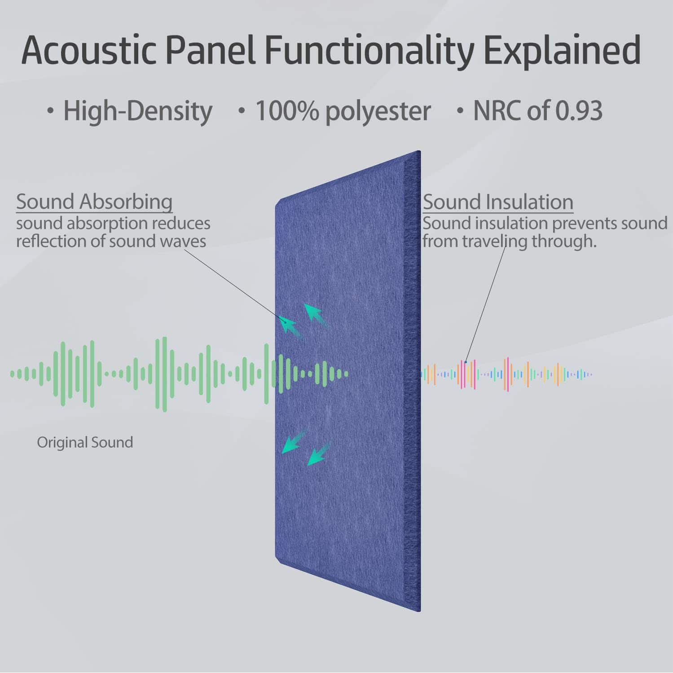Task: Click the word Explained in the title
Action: click(562, 50)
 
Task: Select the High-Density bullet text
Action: click(137, 111)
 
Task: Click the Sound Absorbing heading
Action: click(94, 202)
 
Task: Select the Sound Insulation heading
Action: click(498, 202)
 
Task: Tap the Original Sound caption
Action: click(85, 442)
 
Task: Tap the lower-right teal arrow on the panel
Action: click(319, 454)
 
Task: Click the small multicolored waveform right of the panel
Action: click(507, 374)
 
